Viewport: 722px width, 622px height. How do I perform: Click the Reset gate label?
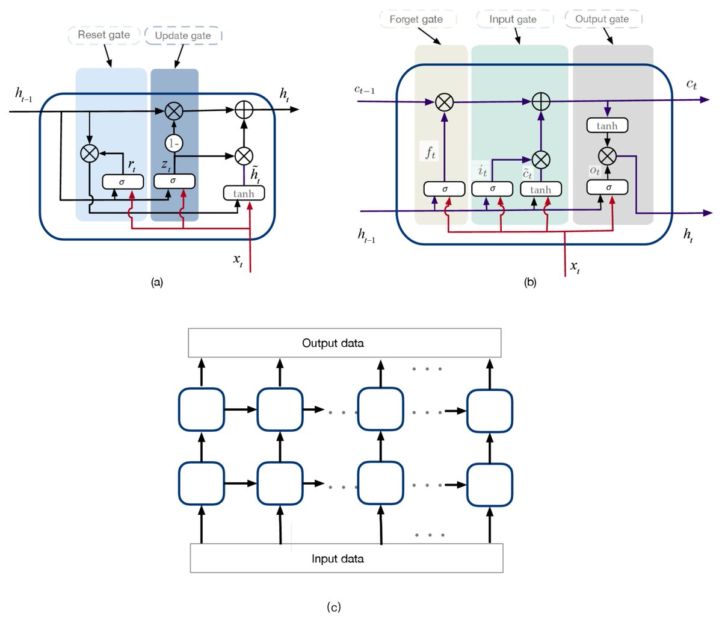pos(104,35)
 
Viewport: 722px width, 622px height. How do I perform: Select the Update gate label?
pos(183,36)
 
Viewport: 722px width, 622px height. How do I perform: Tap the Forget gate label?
pos(416,19)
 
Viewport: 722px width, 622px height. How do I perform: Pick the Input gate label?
pos(513,19)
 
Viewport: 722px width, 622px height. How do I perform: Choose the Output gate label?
pos(602,19)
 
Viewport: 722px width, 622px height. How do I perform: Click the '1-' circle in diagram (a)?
pos(173,143)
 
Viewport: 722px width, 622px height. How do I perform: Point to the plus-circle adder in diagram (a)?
pos(244,110)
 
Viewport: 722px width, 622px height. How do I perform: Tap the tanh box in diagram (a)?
pos(244,193)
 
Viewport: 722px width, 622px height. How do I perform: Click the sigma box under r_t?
pos(123,181)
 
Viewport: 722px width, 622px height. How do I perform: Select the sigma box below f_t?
pos(445,189)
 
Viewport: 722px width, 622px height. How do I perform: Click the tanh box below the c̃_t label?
pos(540,190)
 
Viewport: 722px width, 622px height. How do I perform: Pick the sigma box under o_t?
pos(608,187)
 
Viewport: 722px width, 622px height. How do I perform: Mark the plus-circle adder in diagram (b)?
pos(541,102)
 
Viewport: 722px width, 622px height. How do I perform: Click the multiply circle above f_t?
pos(444,102)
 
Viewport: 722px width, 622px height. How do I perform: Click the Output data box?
pos(345,343)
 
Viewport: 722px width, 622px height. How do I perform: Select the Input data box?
pos(346,558)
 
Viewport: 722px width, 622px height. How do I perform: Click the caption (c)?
pos(334,607)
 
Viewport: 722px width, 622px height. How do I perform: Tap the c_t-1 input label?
pos(365,90)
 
